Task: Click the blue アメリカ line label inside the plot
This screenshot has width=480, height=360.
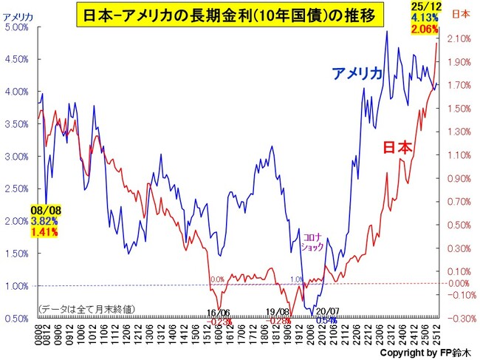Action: point(357,73)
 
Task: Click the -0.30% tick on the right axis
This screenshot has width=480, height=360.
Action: point(459,319)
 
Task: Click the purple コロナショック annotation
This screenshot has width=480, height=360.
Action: point(313,242)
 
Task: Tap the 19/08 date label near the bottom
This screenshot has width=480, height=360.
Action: point(277,313)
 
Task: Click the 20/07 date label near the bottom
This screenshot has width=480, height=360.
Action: point(327,313)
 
